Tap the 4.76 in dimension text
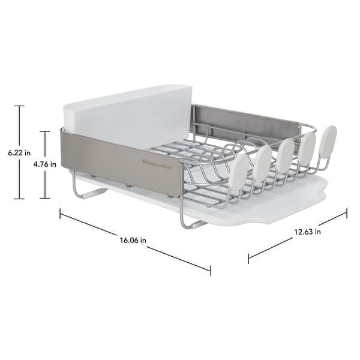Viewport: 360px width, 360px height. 45,164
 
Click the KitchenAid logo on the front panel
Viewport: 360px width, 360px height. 157,164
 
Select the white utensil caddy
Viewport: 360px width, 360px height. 127,117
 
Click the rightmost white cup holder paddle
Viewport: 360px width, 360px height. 328,142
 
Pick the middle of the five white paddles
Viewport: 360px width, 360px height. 285,155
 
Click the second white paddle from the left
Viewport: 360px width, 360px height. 262,163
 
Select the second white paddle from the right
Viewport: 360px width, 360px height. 307,148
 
